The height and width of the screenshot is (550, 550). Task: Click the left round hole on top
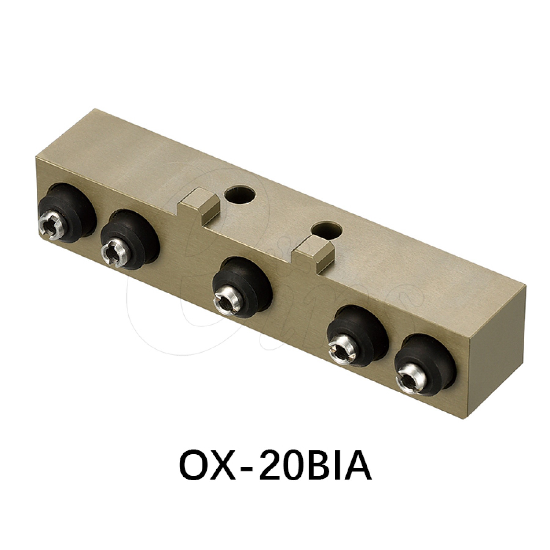point(240,194)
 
